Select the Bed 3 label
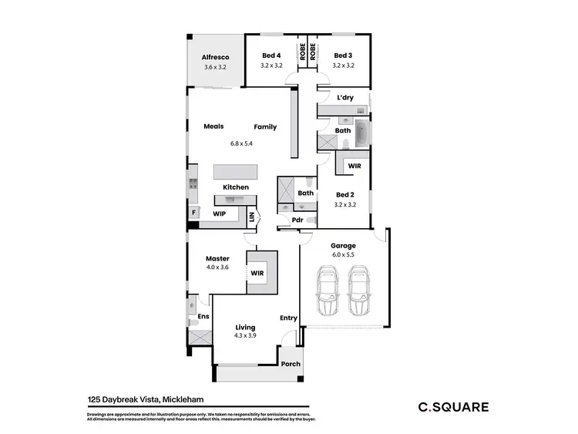343,56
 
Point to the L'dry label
344,98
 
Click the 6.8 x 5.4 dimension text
241,143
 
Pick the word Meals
213,126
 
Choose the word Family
266,126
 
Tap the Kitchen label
236,187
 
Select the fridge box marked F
192,212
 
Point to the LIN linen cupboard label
252,218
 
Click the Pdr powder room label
297,220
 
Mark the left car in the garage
328,291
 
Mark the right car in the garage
359,291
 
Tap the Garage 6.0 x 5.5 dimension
344,254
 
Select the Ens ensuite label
203,316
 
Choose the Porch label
290,365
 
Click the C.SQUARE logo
452,407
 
